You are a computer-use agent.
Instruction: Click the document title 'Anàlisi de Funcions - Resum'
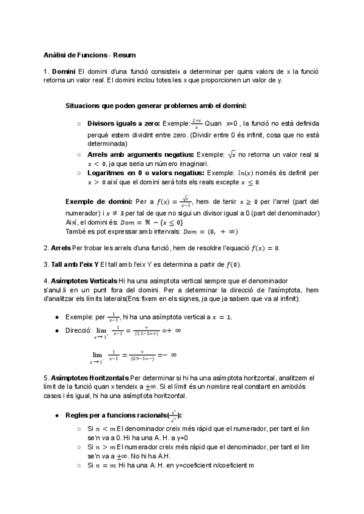pos(90,54)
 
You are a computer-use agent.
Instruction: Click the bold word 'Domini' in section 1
pos(64,72)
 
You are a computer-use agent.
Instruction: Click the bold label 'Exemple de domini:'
pos(98,201)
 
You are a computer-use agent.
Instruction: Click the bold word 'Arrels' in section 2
pos(60,248)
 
